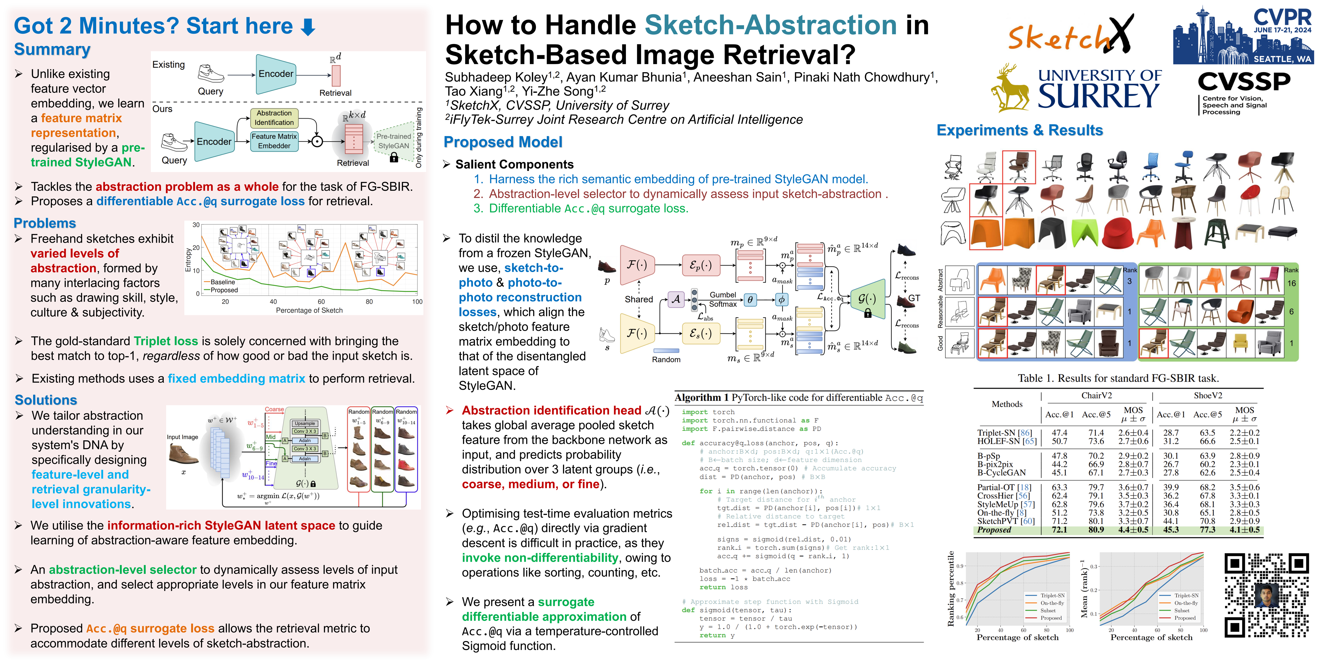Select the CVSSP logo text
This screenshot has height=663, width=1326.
pyautogui.click(x=1243, y=81)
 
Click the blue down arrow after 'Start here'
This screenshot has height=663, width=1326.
pyautogui.click(x=308, y=27)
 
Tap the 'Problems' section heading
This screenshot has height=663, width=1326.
pyautogui.click(x=45, y=223)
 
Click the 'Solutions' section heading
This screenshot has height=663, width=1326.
pyautogui.click(x=46, y=400)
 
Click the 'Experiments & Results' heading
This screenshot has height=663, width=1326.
pyautogui.click(x=1019, y=130)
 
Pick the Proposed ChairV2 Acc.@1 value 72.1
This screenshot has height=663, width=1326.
pyautogui.click(x=1059, y=530)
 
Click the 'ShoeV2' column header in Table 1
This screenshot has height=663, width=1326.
pyautogui.click(x=1208, y=395)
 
